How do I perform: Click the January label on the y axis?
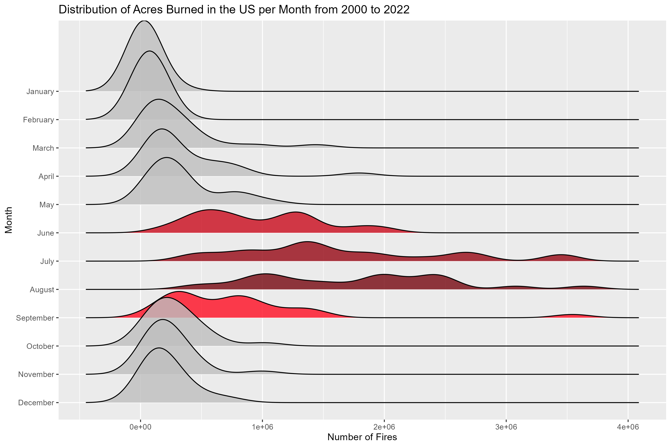coord(40,92)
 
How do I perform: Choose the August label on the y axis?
coord(42,290)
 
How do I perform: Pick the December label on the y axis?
coord(36,403)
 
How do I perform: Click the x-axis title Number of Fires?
coord(362,437)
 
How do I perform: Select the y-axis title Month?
coord(9,220)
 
